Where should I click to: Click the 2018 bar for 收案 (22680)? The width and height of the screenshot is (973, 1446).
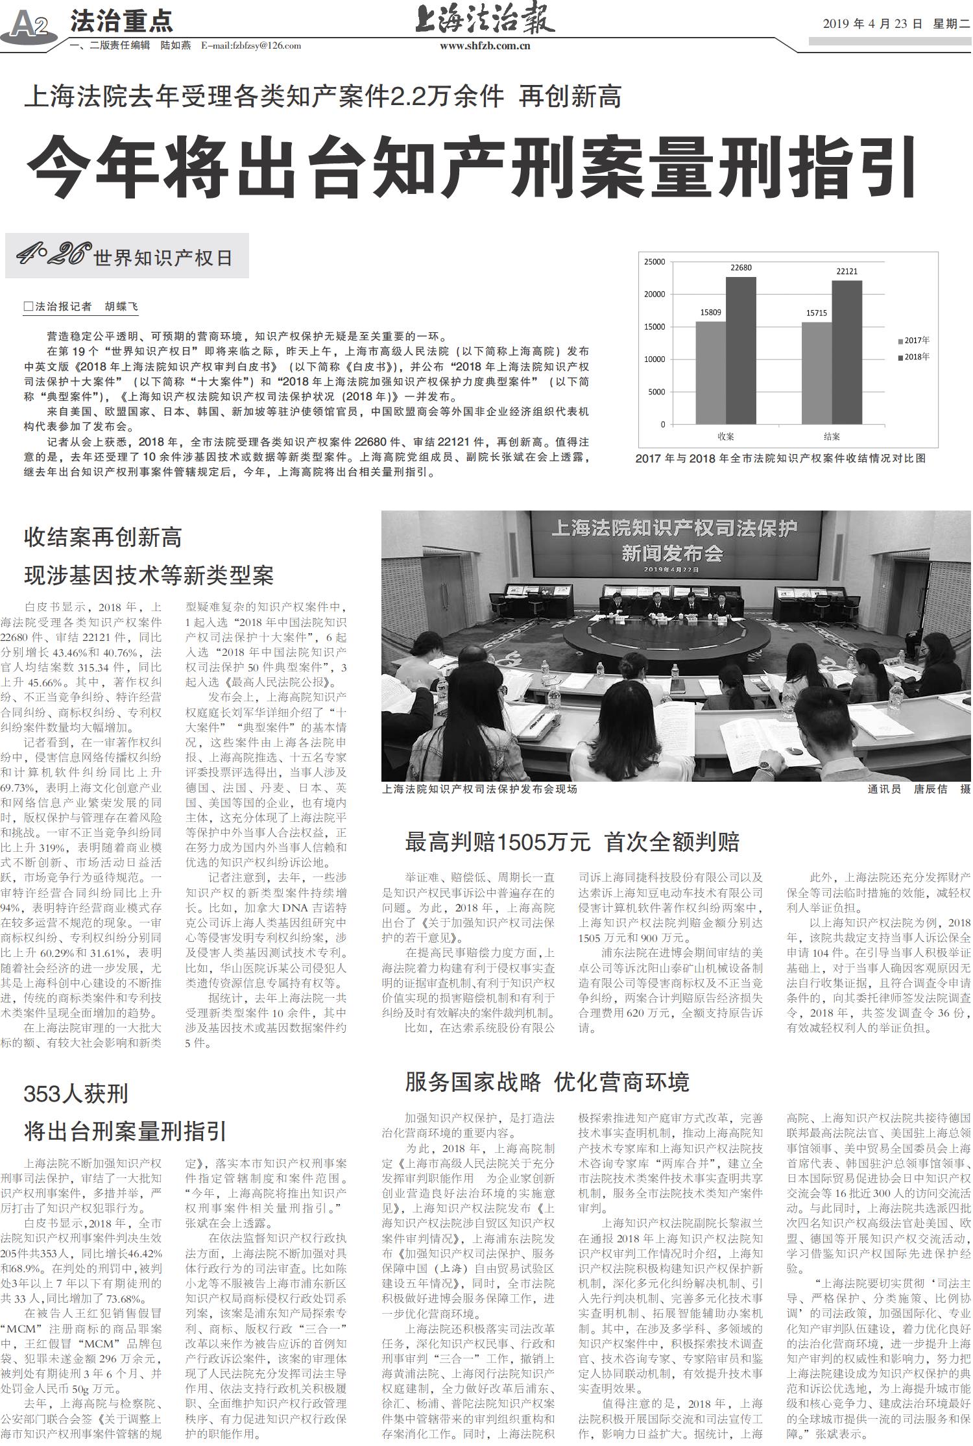click(x=741, y=350)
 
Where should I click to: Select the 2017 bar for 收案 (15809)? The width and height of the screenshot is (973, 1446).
click(x=711, y=372)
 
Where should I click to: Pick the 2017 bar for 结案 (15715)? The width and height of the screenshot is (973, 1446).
click(x=817, y=373)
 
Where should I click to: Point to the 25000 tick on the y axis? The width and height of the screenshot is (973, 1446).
click(x=654, y=262)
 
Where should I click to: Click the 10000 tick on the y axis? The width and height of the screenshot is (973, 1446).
click(x=654, y=359)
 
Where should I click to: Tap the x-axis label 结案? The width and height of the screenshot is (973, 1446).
click(x=832, y=437)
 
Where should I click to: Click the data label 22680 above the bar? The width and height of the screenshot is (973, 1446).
click(x=741, y=268)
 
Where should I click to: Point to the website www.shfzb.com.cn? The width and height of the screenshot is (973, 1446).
click(x=485, y=46)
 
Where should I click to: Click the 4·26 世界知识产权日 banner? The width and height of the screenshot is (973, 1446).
click(x=126, y=257)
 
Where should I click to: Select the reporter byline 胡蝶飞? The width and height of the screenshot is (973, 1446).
click(x=121, y=307)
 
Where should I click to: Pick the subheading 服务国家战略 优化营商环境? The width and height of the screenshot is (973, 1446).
click(x=547, y=1082)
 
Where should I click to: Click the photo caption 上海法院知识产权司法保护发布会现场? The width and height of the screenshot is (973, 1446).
click(x=479, y=789)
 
